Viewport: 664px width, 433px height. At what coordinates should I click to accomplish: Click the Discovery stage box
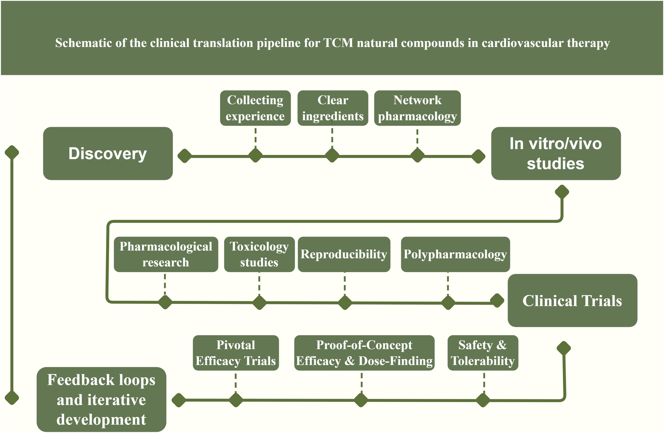point(108,153)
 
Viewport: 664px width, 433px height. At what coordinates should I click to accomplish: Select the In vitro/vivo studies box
point(555,153)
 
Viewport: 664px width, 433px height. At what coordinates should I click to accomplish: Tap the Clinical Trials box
point(572,301)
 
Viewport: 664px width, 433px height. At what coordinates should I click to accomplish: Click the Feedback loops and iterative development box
point(101,399)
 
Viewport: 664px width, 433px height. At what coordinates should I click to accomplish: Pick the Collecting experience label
point(255,108)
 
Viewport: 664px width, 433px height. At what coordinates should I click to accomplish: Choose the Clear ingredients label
point(333,108)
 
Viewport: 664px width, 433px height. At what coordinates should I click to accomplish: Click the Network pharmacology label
point(417,108)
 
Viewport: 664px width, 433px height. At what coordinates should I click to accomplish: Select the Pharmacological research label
point(166,254)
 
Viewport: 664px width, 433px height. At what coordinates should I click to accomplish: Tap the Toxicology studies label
point(259,254)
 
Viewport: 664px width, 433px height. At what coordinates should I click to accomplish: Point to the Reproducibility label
point(344,254)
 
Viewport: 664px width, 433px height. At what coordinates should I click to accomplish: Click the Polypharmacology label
point(455,254)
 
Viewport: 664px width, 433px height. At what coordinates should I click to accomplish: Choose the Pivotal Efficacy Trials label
point(236,353)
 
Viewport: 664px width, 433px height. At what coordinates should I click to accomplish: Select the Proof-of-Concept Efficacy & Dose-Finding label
point(364,353)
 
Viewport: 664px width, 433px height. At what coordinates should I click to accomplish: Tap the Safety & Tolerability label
point(483,353)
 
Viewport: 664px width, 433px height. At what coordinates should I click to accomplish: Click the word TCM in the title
point(338,43)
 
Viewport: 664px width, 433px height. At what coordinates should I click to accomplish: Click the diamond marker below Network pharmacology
point(417,155)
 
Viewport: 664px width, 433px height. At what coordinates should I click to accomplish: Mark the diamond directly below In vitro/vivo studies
point(562,192)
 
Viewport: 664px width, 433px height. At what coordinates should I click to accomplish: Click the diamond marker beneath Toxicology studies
point(259,302)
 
